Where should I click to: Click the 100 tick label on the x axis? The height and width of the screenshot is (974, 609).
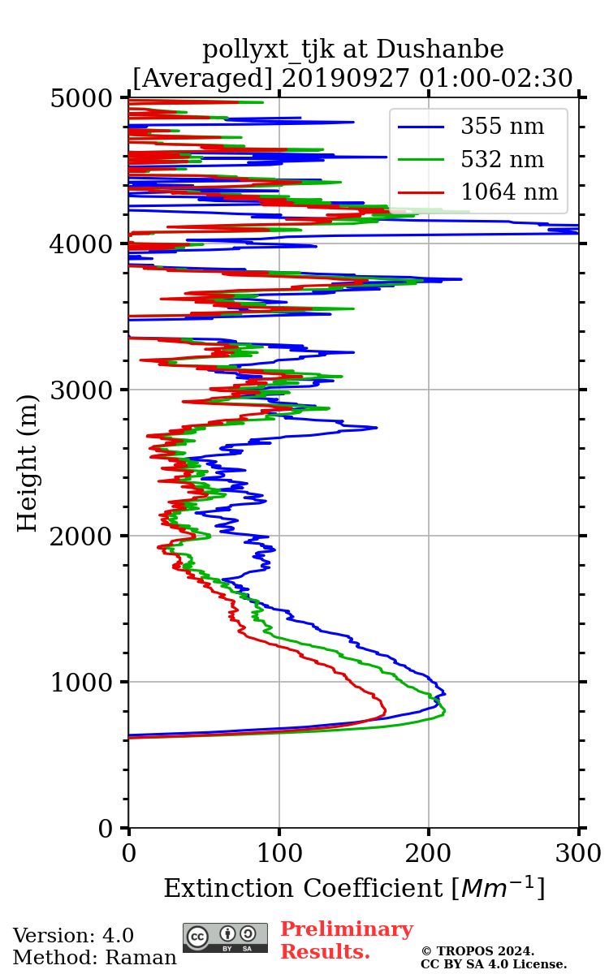pos(279,854)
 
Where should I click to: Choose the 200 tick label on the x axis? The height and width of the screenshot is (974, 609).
pos(429,854)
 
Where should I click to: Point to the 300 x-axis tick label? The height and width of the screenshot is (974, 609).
pos(578,854)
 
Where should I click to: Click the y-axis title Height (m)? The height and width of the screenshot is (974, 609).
pos(28,463)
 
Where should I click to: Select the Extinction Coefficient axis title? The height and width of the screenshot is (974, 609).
pos(354,888)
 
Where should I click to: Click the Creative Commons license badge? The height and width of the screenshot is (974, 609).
pos(225,937)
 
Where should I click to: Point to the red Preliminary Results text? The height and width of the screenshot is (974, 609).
pos(346,941)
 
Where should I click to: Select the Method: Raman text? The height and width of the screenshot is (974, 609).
pos(94,958)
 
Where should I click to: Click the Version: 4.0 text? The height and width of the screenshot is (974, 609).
pos(73,936)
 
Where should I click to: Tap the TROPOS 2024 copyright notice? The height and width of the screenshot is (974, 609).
pos(478,951)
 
